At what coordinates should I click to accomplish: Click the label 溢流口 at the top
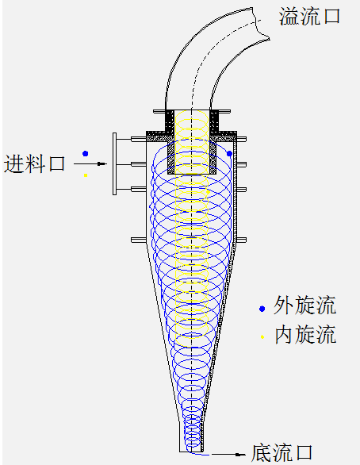click(309, 17)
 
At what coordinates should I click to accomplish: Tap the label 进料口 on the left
click(34, 163)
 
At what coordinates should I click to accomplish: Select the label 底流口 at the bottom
click(281, 453)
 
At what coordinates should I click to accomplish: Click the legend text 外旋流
click(304, 306)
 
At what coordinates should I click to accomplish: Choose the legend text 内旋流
click(305, 334)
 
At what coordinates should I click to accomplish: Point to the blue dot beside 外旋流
click(262, 309)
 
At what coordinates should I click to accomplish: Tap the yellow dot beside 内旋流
click(262, 337)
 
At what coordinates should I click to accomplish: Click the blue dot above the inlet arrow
click(86, 153)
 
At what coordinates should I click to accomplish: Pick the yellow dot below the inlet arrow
click(86, 175)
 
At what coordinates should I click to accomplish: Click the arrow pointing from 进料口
click(90, 163)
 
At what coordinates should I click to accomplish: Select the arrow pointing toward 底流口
click(228, 455)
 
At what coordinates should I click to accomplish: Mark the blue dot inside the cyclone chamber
click(229, 154)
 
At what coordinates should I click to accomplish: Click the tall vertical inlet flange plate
click(114, 163)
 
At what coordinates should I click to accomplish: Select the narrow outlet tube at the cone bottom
click(192, 436)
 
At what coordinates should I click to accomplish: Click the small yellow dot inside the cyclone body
click(208, 192)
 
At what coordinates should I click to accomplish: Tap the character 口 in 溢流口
click(331, 17)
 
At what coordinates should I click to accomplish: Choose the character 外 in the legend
click(283, 306)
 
